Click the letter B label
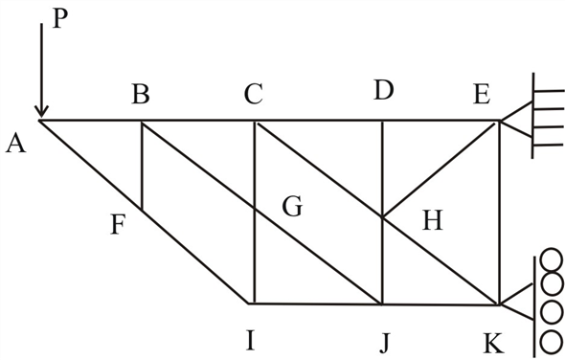coord(141,94)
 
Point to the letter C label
coord(254,94)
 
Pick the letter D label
coord(384,93)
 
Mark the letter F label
coord(118,226)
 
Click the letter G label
coord(293,205)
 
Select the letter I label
coord(250,340)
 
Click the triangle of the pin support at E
coord(514,121)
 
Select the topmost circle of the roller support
coord(551,259)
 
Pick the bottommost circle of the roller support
coord(551,340)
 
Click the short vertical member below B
coord(142,165)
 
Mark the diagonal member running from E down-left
coord(441,169)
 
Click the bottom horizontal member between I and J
coord(316,304)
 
